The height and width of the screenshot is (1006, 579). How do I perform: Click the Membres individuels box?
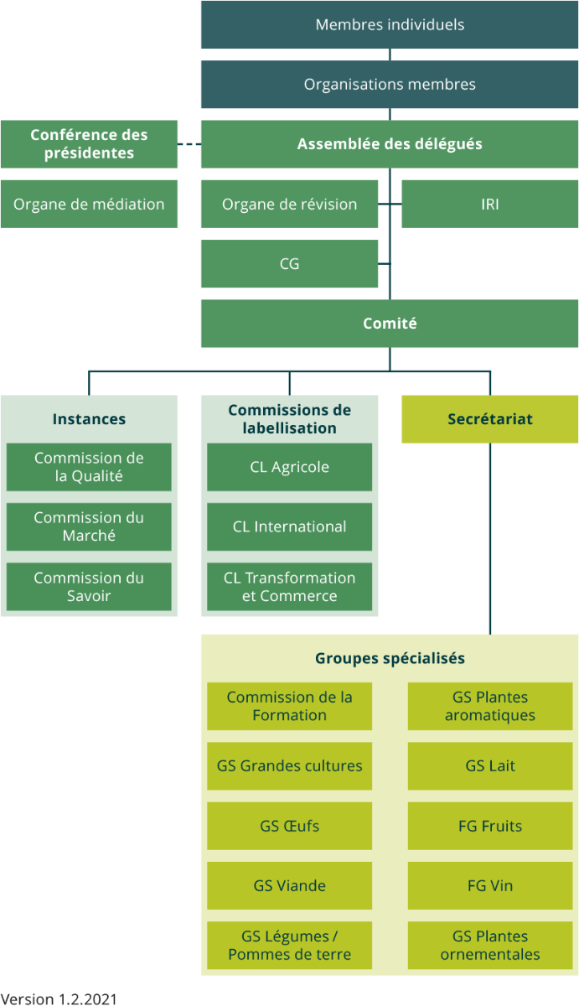point(390,25)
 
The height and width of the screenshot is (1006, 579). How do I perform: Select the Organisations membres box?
point(390,85)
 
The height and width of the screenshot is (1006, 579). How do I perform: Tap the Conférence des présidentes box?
point(89,144)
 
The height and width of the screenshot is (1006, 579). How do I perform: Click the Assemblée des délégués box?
point(390,144)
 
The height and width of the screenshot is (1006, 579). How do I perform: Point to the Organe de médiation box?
point(89,204)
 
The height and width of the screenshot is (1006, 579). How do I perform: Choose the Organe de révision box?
point(289,204)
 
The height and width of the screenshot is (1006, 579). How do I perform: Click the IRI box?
point(490,204)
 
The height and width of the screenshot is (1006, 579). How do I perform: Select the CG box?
point(289,264)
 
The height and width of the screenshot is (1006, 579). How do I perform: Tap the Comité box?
point(390,324)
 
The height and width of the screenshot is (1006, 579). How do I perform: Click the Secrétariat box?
point(490,419)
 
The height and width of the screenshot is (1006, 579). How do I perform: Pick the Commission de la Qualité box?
point(89,467)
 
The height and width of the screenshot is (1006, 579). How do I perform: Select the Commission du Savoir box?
point(89,587)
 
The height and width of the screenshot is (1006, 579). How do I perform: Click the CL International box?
point(289,526)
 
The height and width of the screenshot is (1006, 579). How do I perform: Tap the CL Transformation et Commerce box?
point(289,587)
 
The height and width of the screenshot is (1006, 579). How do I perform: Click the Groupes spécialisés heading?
point(390,658)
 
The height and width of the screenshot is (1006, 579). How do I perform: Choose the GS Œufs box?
point(289,826)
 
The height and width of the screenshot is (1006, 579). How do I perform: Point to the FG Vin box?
point(490,885)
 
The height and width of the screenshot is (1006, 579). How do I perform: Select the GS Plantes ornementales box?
point(490,946)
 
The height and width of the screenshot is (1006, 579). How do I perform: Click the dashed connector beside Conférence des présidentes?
point(189,144)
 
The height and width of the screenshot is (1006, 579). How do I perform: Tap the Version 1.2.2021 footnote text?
point(59,998)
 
